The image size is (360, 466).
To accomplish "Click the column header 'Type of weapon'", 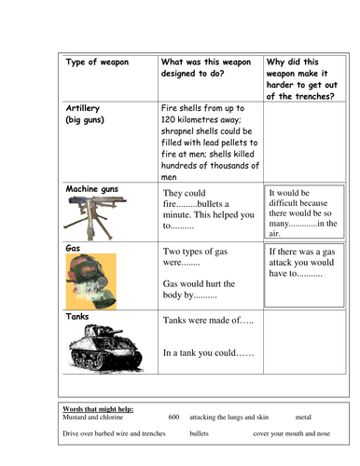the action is click(x=97, y=62).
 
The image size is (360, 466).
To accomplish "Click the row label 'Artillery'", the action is click(x=86, y=109).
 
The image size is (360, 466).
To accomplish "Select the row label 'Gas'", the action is click(x=72, y=249).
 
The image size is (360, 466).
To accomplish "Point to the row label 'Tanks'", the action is click(x=77, y=317).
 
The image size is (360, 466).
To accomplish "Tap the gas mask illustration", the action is click(x=91, y=279).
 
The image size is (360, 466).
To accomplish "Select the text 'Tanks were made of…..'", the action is click(x=208, y=321).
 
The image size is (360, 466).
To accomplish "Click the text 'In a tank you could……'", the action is click(x=210, y=353).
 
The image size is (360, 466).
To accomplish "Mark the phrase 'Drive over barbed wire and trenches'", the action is click(x=114, y=434).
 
